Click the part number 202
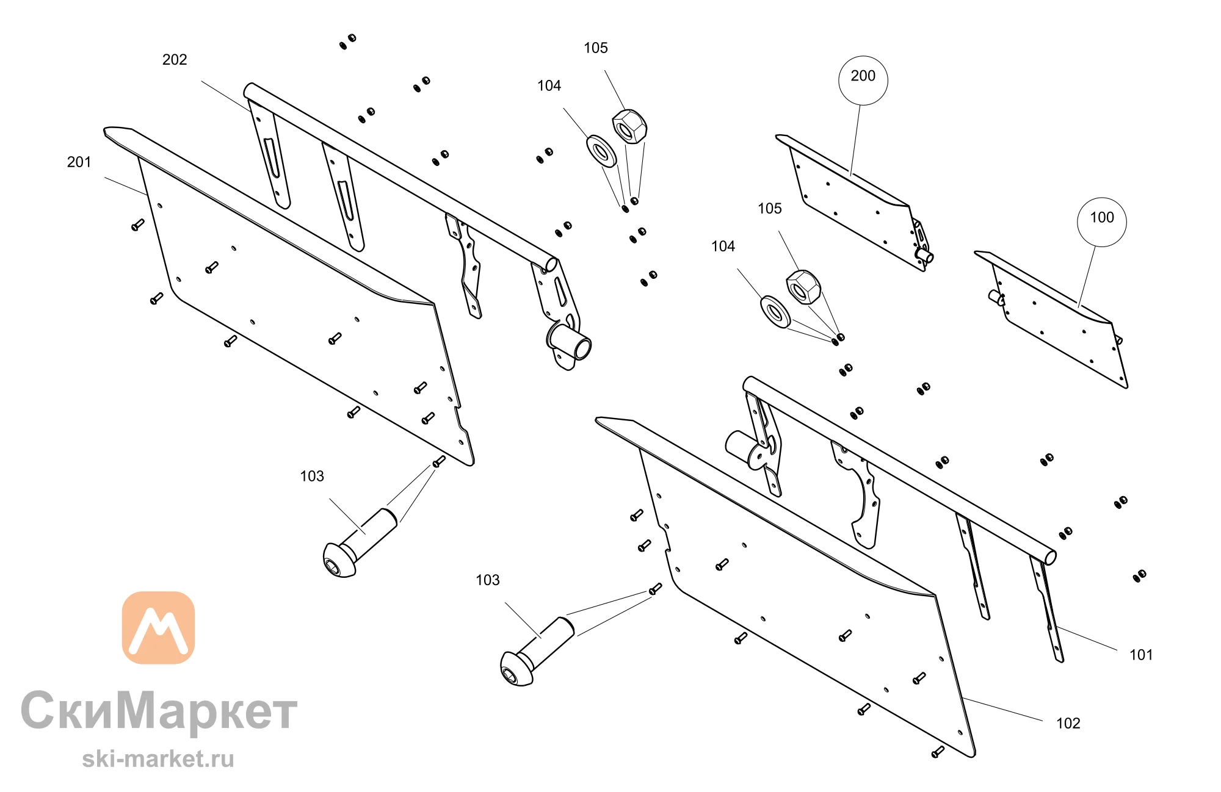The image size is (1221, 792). [175, 60]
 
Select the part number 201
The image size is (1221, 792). [79, 162]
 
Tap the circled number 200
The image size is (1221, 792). [863, 76]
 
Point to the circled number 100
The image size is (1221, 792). [1102, 218]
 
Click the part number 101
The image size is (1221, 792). [1141, 655]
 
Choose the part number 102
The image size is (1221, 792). [1068, 724]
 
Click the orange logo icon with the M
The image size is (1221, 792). [158, 628]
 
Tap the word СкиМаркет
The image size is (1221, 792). [159, 711]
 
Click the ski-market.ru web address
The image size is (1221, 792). [158, 759]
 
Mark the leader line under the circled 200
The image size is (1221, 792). [855, 140]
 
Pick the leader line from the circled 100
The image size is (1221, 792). [1087, 276]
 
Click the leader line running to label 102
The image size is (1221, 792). [1002, 709]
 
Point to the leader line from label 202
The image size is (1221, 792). [226, 96]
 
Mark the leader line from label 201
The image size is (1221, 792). [126, 186]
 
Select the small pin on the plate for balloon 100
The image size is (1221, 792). [996, 297]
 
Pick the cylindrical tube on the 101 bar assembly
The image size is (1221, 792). [742, 444]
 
